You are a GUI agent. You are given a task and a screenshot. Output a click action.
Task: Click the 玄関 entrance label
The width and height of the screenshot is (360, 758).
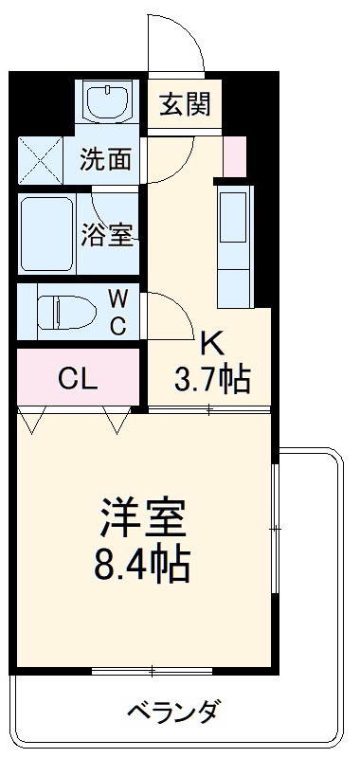(184, 104)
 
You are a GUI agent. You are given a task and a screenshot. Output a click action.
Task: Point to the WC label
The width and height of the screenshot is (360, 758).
(117, 312)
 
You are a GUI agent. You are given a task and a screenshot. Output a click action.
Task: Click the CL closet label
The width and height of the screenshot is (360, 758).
(78, 380)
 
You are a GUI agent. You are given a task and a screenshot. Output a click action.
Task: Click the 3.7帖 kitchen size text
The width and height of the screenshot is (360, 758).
(210, 381)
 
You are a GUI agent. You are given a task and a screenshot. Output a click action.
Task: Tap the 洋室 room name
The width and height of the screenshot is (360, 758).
(143, 518)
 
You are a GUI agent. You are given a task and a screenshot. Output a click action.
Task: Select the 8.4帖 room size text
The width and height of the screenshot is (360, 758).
(143, 566)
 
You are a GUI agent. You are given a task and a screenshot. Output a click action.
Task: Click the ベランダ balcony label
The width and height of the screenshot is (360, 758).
(174, 710)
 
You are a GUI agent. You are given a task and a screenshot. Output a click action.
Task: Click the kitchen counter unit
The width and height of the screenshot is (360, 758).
(234, 244)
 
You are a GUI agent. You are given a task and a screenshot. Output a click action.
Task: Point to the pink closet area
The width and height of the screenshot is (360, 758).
(78, 379)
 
